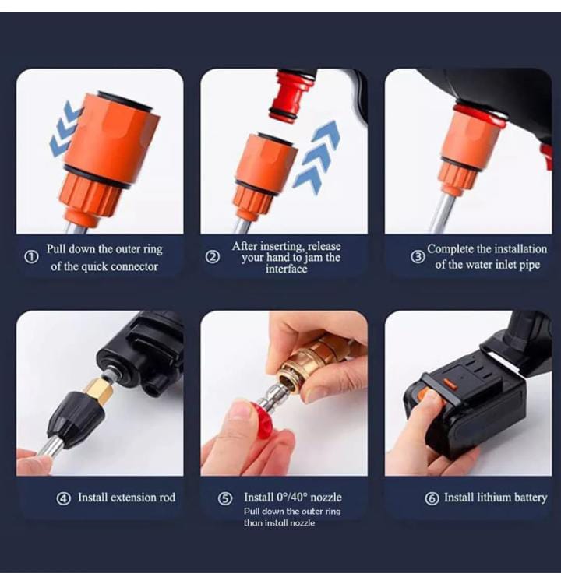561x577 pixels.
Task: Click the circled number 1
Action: tap(31, 257)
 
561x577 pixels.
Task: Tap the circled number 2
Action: tap(213, 257)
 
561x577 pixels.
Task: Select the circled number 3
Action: tap(418, 257)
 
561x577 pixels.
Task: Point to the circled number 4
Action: tap(64, 498)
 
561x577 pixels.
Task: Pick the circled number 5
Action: tap(225, 498)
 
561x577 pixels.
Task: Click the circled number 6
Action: tap(432, 498)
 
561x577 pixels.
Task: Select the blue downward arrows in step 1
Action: tap(66, 128)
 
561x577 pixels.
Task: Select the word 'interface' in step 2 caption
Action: tap(286, 269)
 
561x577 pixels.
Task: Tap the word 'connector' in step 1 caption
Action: tap(134, 266)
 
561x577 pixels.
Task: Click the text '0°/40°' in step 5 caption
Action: tap(291, 498)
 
